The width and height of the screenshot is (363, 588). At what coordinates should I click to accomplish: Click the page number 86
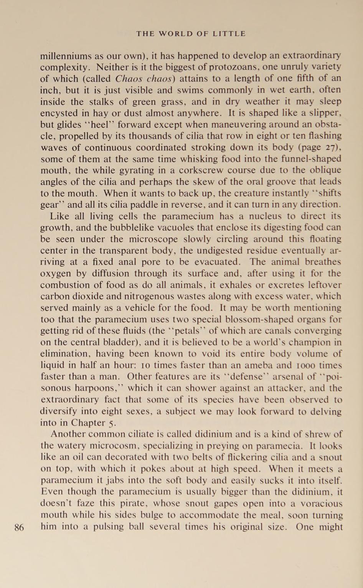(19, 527)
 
